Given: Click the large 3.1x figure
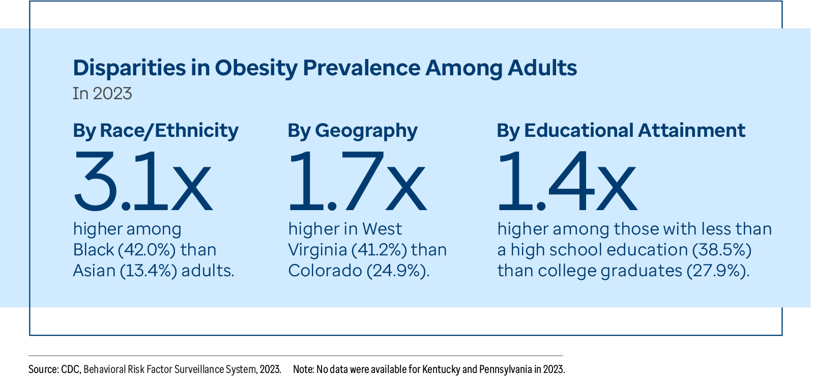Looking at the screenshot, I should click(x=142, y=181).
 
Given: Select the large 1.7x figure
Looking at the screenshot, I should click(x=356, y=181).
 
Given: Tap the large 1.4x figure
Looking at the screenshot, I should click(x=566, y=181).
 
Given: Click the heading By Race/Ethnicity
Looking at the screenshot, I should click(x=155, y=131).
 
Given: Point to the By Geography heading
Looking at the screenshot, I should click(x=352, y=131).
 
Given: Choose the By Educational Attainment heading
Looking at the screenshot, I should click(x=620, y=131).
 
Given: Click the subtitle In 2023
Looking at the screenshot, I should click(x=102, y=94).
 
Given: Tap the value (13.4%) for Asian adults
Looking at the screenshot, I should click(x=149, y=271).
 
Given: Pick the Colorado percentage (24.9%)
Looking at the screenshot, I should click(x=398, y=271).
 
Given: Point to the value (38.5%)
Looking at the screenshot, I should click(x=722, y=250).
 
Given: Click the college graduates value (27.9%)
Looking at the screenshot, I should click(x=718, y=271).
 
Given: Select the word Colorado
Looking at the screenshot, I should click(x=325, y=271).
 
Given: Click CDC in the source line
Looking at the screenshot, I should click(x=70, y=369).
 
